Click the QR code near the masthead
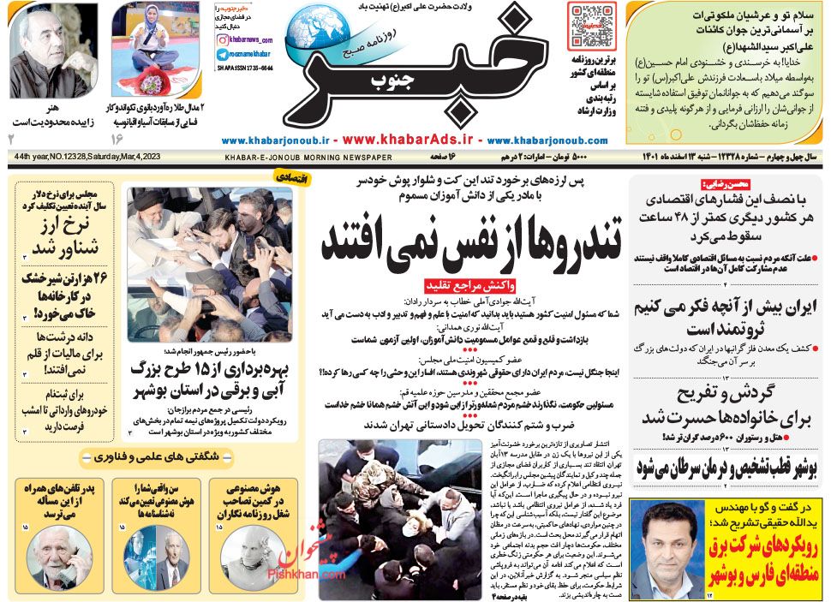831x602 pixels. [588, 26]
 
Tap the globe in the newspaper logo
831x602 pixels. [320, 33]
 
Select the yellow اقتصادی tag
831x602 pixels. [278, 178]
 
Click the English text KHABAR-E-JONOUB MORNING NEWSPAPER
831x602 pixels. [308, 158]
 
